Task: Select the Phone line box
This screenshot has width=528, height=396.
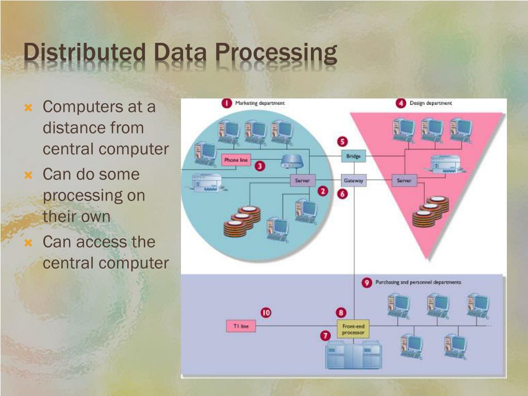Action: [236, 160]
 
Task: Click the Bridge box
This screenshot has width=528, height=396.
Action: [353, 156]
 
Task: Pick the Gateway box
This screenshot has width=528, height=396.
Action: [354, 181]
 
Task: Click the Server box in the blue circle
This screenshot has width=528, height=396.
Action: [302, 181]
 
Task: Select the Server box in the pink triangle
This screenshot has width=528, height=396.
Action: [404, 181]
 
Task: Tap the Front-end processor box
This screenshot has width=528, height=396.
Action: [353, 329]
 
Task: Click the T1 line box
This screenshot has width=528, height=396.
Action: [241, 326]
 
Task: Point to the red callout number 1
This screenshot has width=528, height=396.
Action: [226, 103]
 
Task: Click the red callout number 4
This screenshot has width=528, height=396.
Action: [401, 103]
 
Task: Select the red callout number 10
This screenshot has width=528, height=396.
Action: [266, 312]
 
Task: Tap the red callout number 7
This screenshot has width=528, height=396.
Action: [325, 336]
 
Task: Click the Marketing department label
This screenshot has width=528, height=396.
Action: [260, 103]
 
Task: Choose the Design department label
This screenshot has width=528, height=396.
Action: [431, 103]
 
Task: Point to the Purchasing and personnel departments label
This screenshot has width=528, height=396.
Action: [418, 283]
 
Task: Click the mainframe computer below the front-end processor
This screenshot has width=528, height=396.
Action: [354, 356]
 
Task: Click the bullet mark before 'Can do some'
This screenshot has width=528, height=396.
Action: [29, 175]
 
